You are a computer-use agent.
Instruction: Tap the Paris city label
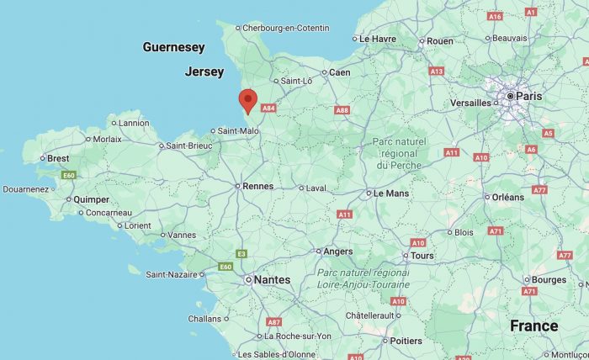[528, 97]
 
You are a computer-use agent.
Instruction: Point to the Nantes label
[272, 279]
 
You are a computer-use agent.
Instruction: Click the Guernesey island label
[174, 47]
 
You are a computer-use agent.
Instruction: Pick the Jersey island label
[204, 71]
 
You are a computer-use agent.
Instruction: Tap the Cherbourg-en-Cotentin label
[286, 28]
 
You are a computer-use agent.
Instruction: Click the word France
[533, 326]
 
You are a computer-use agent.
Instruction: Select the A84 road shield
[268, 108]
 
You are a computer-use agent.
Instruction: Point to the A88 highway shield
[342, 110]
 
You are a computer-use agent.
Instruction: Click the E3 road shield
[241, 253]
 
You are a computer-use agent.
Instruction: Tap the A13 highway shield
[436, 71]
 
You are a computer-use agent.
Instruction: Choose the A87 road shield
[273, 322]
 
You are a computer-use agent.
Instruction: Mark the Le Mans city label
[390, 193]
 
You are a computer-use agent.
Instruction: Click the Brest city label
[58, 158]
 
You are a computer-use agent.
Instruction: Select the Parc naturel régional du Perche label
[399, 153]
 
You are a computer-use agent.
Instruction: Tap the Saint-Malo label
[238, 130]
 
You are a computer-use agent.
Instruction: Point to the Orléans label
[507, 197]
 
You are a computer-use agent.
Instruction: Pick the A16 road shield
[495, 16]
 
